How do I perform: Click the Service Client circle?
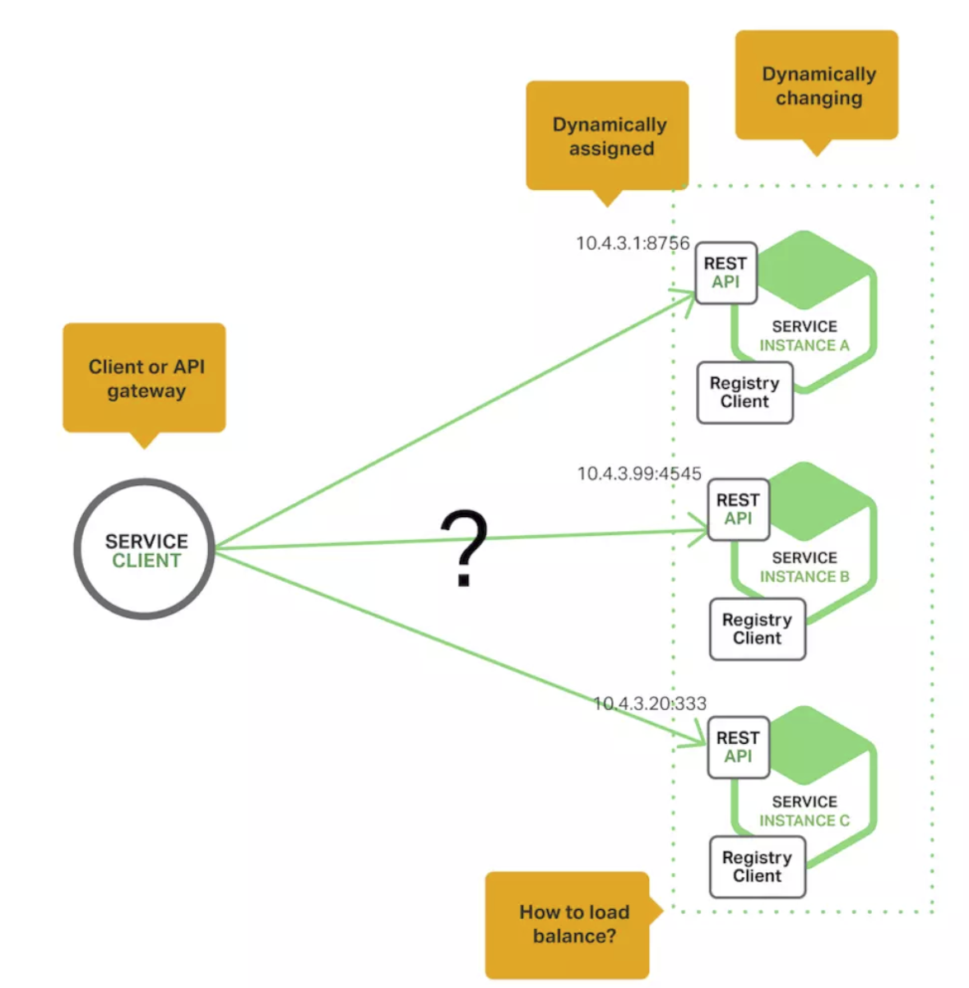click(145, 549)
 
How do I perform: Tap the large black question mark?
click(465, 547)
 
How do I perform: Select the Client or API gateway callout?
click(145, 378)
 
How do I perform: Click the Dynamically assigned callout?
click(608, 136)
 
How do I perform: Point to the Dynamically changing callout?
click(817, 85)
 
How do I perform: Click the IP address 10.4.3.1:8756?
click(633, 243)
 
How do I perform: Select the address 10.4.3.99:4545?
click(639, 473)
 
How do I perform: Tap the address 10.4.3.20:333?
click(650, 704)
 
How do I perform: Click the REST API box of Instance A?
click(726, 273)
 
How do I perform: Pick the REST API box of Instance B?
click(738, 510)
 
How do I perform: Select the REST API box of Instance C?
click(738, 747)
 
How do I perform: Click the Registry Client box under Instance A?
click(744, 393)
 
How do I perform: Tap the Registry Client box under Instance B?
click(757, 630)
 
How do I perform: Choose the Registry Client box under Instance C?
click(757, 867)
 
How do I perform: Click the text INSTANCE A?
click(804, 346)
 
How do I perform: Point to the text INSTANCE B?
click(804, 577)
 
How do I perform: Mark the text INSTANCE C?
click(804, 821)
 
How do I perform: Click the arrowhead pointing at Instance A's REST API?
click(686, 295)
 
